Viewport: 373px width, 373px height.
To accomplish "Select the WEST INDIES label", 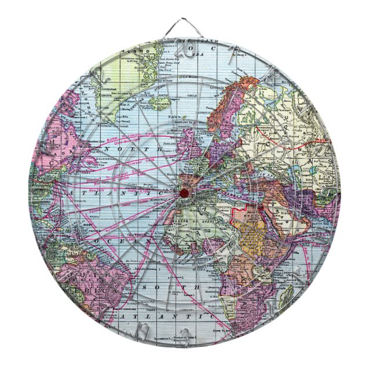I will pos(75,223).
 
